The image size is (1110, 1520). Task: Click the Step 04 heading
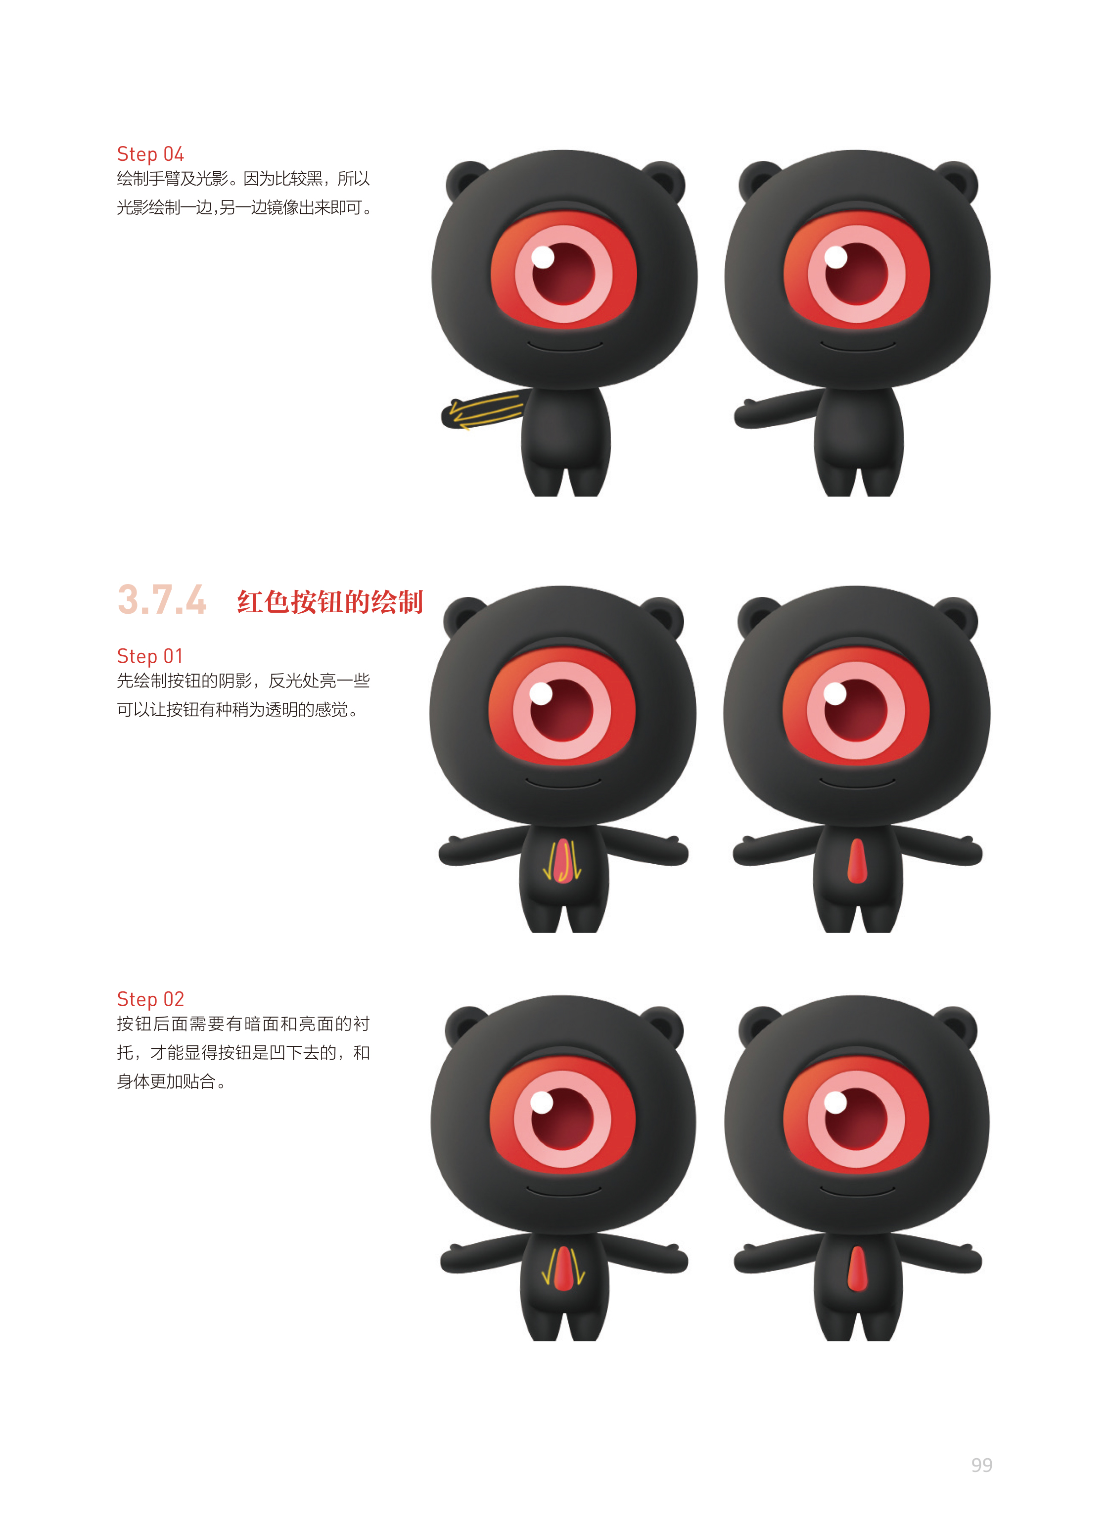(150, 154)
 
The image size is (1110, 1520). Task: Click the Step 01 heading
(150, 656)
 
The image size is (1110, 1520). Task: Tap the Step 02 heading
(150, 999)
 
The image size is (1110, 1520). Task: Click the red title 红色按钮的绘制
(330, 602)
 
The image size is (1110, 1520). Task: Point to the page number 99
(982, 1465)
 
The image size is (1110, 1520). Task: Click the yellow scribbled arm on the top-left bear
(482, 411)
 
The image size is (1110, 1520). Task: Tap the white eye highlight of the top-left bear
(543, 257)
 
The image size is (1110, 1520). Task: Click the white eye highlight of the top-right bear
(836, 257)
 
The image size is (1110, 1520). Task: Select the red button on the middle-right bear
(857, 861)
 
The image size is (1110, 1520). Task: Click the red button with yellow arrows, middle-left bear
(563, 861)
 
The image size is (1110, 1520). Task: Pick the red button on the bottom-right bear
(857, 1269)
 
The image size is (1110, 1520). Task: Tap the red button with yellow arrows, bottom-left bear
(563, 1269)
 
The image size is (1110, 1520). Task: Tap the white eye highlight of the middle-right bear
(835, 693)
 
